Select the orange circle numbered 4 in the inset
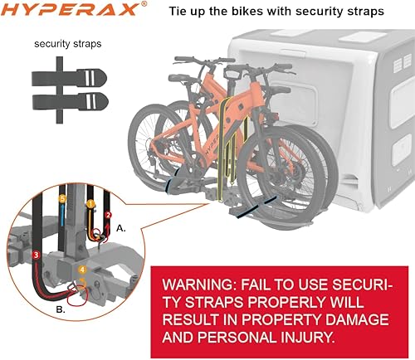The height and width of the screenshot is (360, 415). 81,270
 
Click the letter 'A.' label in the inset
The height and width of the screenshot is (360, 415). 121,225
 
